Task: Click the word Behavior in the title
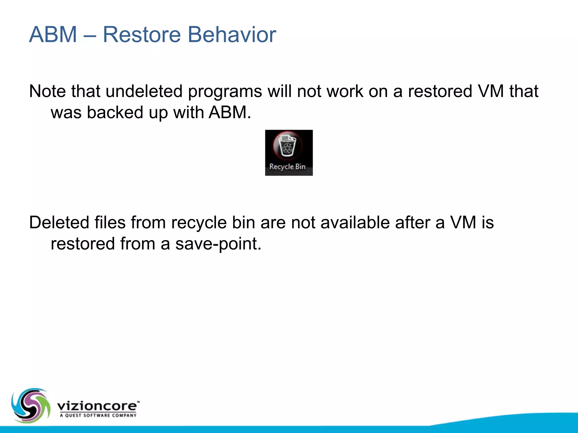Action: point(232,34)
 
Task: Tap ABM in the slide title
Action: point(53,34)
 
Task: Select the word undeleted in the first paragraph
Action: point(144,91)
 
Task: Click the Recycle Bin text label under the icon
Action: point(287,167)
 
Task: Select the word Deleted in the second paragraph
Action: point(59,222)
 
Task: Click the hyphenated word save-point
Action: point(218,244)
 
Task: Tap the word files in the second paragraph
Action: point(110,222)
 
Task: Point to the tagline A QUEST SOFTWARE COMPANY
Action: point(98,415)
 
